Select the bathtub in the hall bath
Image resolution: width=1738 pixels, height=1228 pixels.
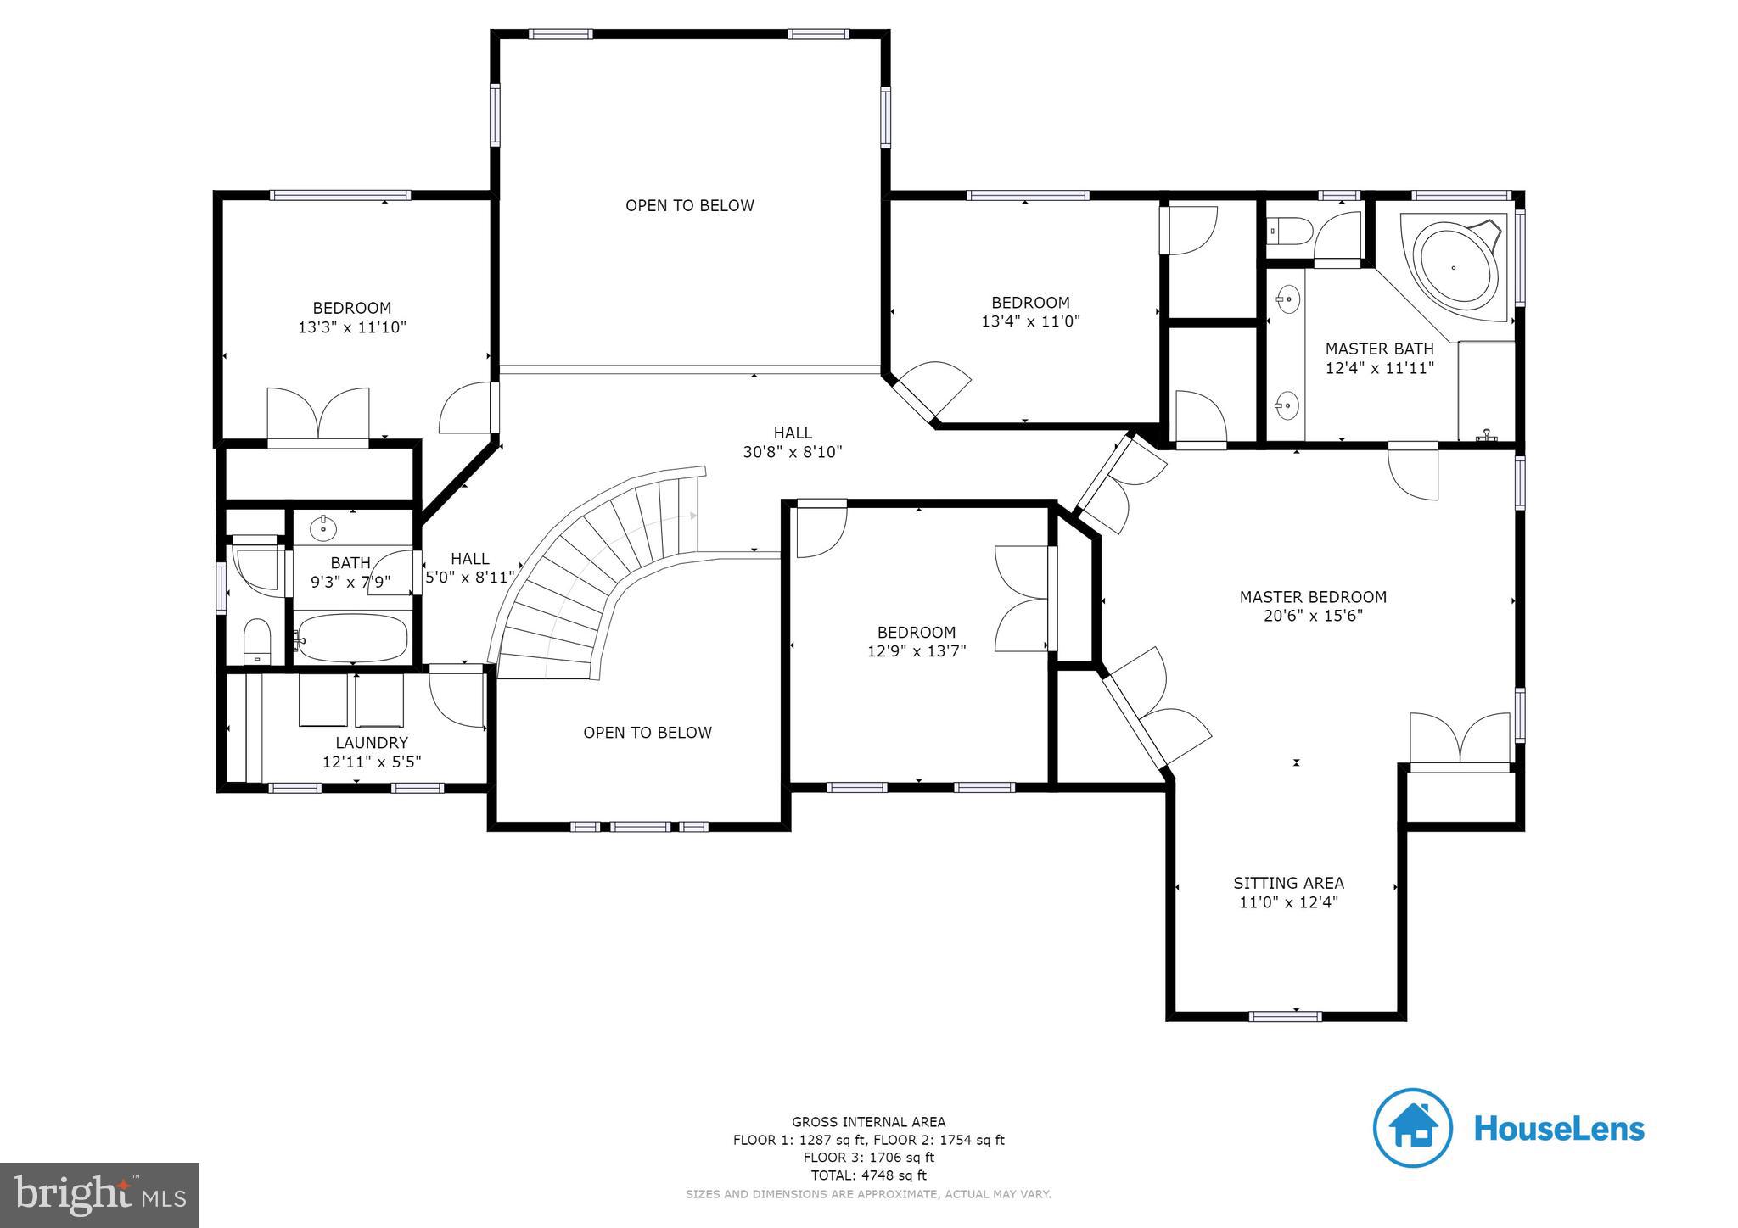point(351,638)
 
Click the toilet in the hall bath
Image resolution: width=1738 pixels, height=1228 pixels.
point(256,641)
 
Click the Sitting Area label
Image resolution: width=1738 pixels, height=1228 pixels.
point(1288,883)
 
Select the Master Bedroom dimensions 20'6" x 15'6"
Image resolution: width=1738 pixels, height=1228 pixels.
point(1313,616)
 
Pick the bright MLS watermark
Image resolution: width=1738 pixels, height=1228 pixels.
point(99,1195)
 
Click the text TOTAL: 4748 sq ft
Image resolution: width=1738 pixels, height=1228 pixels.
point(868,1175)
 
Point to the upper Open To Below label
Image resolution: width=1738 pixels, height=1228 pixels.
point(689,205)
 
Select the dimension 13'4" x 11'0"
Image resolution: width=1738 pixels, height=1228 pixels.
point(1030,321)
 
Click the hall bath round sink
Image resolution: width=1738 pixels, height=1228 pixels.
point(323,528)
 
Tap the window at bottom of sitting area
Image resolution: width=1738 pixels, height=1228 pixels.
point(1285,1016)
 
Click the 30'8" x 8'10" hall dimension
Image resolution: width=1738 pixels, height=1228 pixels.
point(793,452)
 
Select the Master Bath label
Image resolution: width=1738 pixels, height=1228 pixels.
point(1379,349)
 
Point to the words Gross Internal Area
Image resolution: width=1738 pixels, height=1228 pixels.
point(868,1122)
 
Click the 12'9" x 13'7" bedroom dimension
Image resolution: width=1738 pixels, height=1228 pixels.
point(917,651)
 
